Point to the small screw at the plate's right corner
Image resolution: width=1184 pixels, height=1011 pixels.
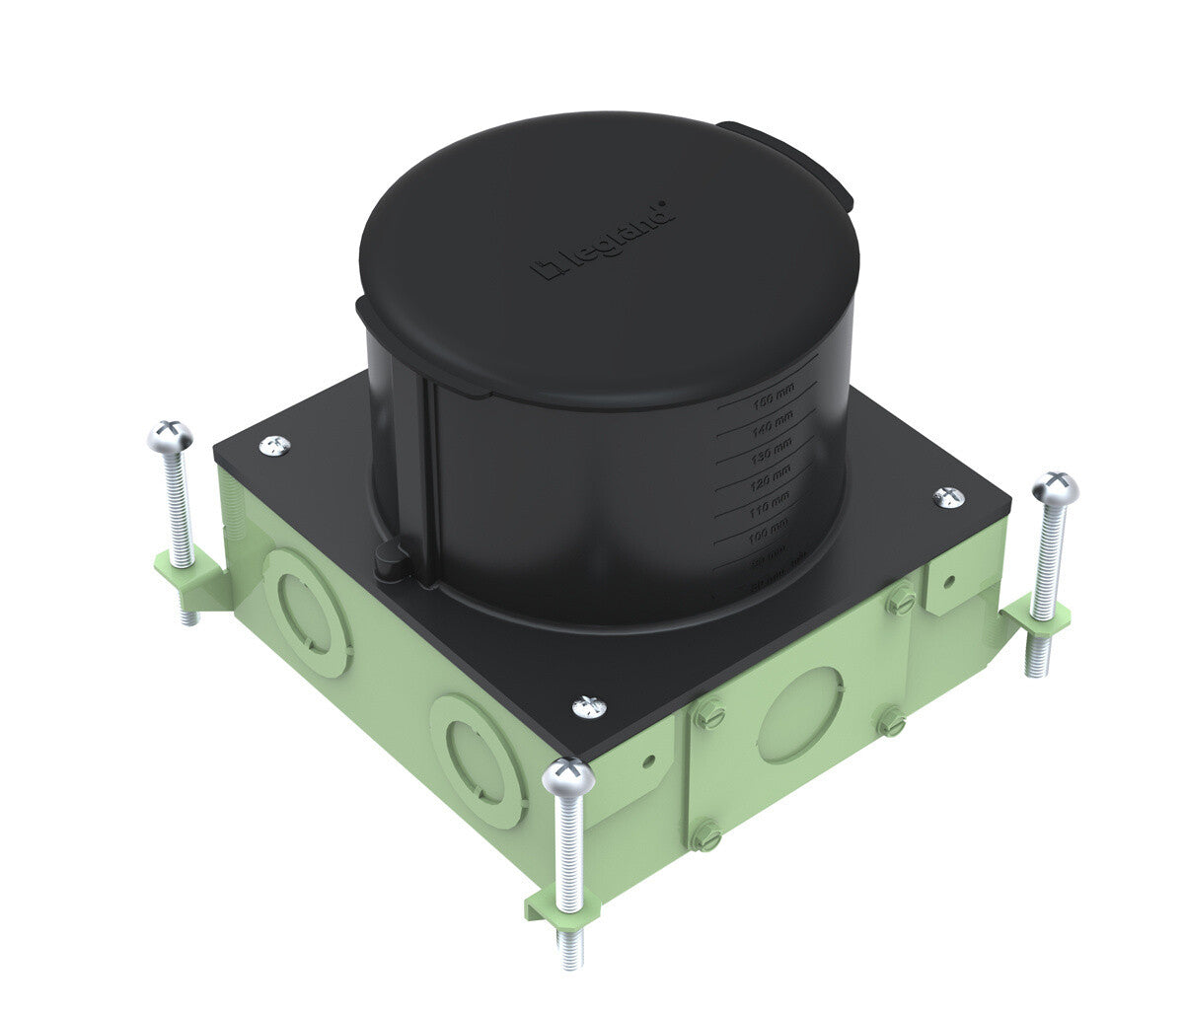pos(949,496)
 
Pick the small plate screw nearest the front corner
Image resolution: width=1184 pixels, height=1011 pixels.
pos(588,706)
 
